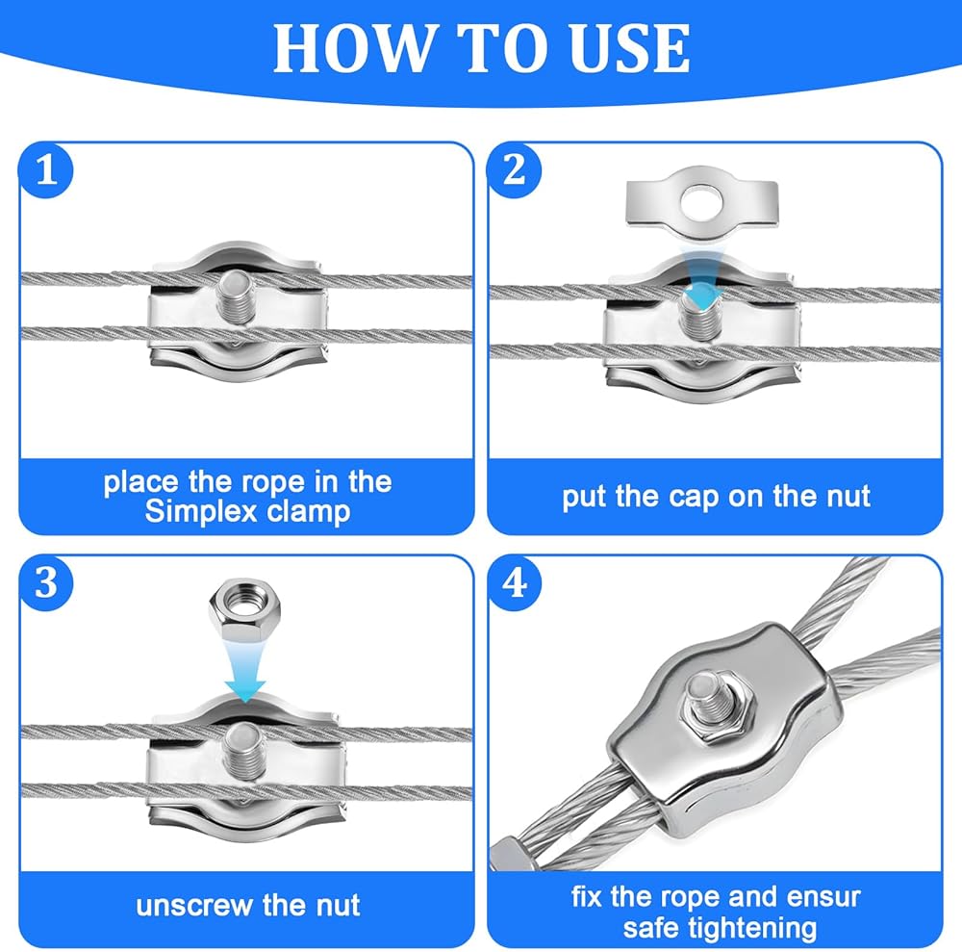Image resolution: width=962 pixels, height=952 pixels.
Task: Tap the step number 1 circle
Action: [x=46, y=170]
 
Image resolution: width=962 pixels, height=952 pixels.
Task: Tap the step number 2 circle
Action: [x=514, y=170]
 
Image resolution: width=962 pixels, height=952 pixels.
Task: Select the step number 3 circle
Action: [x=46, y=582]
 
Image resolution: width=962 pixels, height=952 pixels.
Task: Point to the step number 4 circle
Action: [x=514, y=582]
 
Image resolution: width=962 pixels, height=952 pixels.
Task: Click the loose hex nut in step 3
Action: [x=244, y=608]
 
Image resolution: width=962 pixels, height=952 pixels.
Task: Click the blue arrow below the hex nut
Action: [x=244, y=672]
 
